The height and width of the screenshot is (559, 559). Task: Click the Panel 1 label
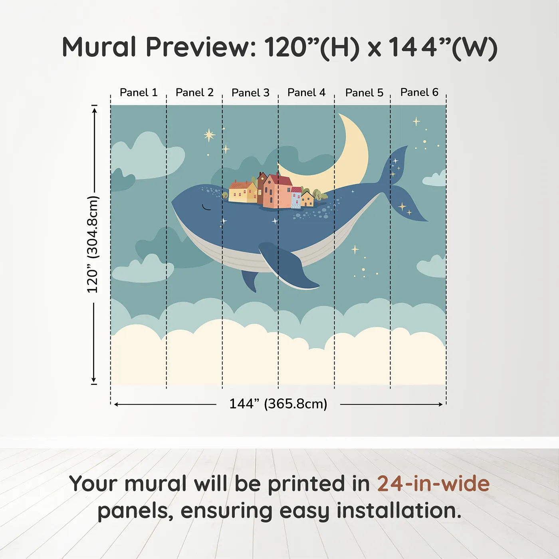click(x=139, y=93)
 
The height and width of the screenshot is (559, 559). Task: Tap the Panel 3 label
click(x=250, y=93)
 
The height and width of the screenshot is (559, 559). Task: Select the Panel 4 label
click(x=306, y=93)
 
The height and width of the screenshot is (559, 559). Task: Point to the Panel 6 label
click(x=419, y=92)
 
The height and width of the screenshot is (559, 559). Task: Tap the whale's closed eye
click(x=206, y=207)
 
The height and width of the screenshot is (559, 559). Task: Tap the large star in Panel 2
click(x=209, y=135)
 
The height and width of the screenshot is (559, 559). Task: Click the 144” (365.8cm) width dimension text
click(x=278, y=404)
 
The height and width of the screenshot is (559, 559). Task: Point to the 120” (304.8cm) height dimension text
click(x=93, y=244)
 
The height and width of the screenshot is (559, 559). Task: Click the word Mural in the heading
click(x=99, y=47)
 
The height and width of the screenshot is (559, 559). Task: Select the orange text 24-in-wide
click(x=433, y=484)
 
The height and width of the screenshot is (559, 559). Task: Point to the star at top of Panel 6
click(x=416, y=121)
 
